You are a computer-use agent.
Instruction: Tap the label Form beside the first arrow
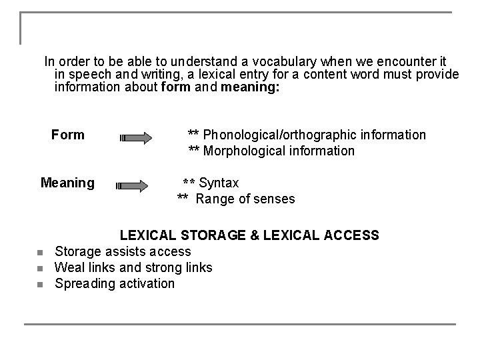68,135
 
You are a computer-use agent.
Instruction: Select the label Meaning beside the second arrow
67,183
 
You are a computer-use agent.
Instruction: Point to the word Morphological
245,151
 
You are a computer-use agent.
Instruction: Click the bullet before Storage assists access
40,253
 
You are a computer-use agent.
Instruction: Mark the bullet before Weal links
40,269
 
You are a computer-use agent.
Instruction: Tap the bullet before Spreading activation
40,285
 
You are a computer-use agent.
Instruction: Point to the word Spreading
83,284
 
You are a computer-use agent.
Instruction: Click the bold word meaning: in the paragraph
251,87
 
